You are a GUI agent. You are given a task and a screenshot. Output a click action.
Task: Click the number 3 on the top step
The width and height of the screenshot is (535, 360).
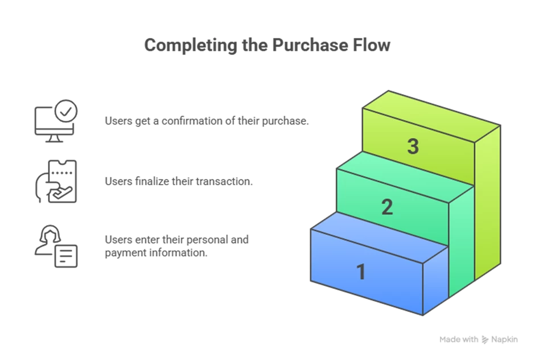tap(413, 147)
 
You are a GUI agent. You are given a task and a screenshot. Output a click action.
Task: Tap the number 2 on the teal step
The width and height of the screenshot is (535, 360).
tap(387, 207)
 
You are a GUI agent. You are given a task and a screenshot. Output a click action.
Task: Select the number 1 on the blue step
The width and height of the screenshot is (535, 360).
tap(360, 272)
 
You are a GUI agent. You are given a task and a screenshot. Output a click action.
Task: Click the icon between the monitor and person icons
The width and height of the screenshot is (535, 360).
tap(55, 182)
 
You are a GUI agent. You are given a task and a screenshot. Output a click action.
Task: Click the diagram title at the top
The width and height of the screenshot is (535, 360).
tap(267, 46)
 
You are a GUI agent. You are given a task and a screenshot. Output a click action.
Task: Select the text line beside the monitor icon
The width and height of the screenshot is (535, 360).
tap(207, 121)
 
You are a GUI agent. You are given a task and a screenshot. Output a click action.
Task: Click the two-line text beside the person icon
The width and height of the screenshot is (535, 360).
tap(177, 246)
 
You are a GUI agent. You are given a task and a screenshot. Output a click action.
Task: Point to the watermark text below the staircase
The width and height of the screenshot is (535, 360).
tap(478, 339)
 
